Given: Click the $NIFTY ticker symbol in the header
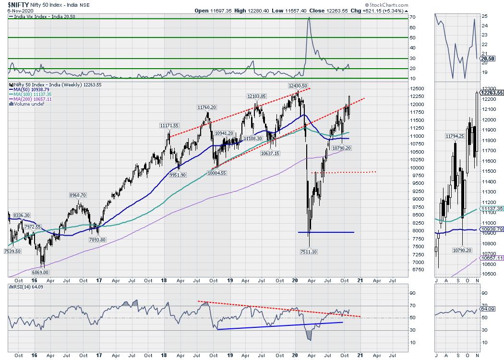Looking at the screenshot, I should click(15, 5).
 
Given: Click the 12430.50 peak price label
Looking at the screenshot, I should click(299, 85).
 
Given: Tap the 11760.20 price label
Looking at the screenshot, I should click(207, 108).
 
